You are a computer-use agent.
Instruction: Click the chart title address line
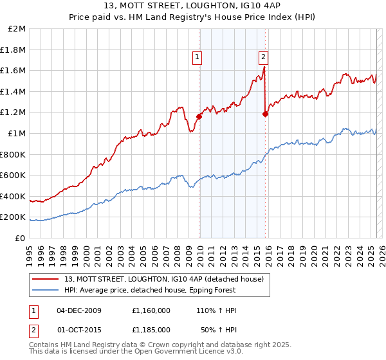(192, 6)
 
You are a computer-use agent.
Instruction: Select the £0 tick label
(20, 238)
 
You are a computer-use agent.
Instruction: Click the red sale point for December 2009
(199, 117)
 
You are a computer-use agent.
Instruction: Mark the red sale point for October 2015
(266, 114)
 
